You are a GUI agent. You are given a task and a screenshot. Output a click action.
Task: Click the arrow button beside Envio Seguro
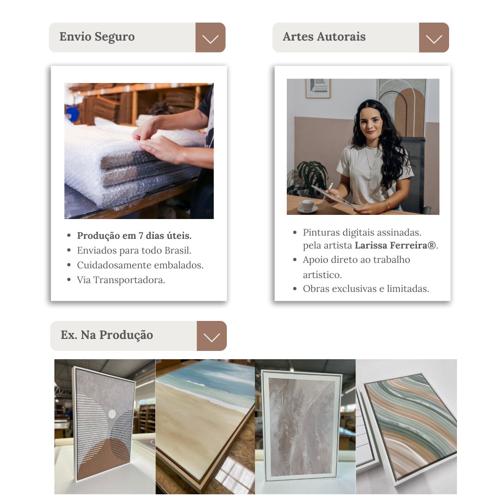pos(210,37)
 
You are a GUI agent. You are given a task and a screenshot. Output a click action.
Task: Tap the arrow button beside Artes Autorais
pos(434,37)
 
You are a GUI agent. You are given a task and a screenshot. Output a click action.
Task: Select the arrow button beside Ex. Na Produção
pos(212,336)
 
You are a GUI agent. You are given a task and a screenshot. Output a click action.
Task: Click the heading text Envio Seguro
pos(97,37)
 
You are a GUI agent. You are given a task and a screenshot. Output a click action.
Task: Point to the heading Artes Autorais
pos(324,36)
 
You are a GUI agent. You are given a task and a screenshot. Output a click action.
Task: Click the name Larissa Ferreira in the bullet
pos(396,245)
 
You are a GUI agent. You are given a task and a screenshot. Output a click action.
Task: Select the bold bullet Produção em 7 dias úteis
pos(134,236)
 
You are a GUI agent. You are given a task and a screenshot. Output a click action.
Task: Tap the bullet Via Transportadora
pos(121,280)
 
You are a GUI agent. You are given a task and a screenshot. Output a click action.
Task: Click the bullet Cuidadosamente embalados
pos(140,265)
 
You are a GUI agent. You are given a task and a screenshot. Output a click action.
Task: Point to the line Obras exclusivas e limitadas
pos(366,289)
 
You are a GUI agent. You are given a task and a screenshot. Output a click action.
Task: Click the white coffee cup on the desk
pos(307,206)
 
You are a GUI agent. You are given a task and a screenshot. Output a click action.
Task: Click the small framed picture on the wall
pos(318,88)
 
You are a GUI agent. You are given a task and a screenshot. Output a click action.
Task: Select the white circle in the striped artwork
pos(112,414)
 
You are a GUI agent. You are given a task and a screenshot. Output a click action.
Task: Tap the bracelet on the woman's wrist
pos(387,205)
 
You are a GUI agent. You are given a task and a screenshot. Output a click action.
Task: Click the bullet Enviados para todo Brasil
pos(134,250)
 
